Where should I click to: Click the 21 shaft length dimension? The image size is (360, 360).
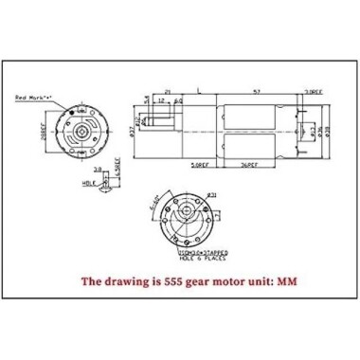point(168,92)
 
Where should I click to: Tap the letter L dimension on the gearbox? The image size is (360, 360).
point(196,92)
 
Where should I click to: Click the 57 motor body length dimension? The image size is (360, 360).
point(259,92)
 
